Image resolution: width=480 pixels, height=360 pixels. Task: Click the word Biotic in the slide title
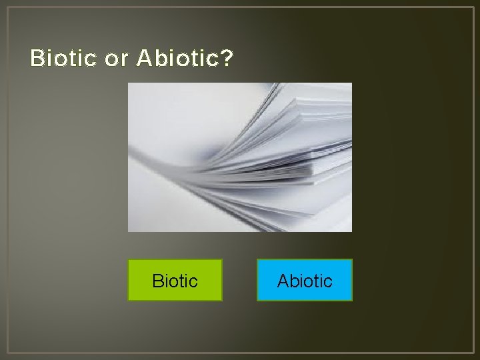pos(63,59)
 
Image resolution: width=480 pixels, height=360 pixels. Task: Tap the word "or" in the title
pos(117,59)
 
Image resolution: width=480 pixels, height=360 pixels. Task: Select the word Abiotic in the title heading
pos(177,59)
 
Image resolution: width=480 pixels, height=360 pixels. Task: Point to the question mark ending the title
pos(227,59)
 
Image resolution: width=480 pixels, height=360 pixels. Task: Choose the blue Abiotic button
pos(305,280)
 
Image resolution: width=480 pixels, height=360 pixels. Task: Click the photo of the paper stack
pos(240,157)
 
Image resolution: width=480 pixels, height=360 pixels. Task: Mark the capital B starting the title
pos(37,59)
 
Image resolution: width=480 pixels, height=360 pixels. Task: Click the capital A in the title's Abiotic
pos(143,59)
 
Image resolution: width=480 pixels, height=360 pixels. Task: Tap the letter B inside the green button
pos(157,281)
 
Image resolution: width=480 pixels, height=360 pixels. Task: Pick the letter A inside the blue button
pos(283,281)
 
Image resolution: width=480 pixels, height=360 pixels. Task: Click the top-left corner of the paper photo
pos(129,83)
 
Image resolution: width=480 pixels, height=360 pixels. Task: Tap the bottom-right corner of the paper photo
pos(351,231)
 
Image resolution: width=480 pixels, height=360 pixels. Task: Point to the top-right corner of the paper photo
pos(351,83)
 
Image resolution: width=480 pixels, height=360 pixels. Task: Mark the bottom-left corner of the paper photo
pos(129,231)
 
